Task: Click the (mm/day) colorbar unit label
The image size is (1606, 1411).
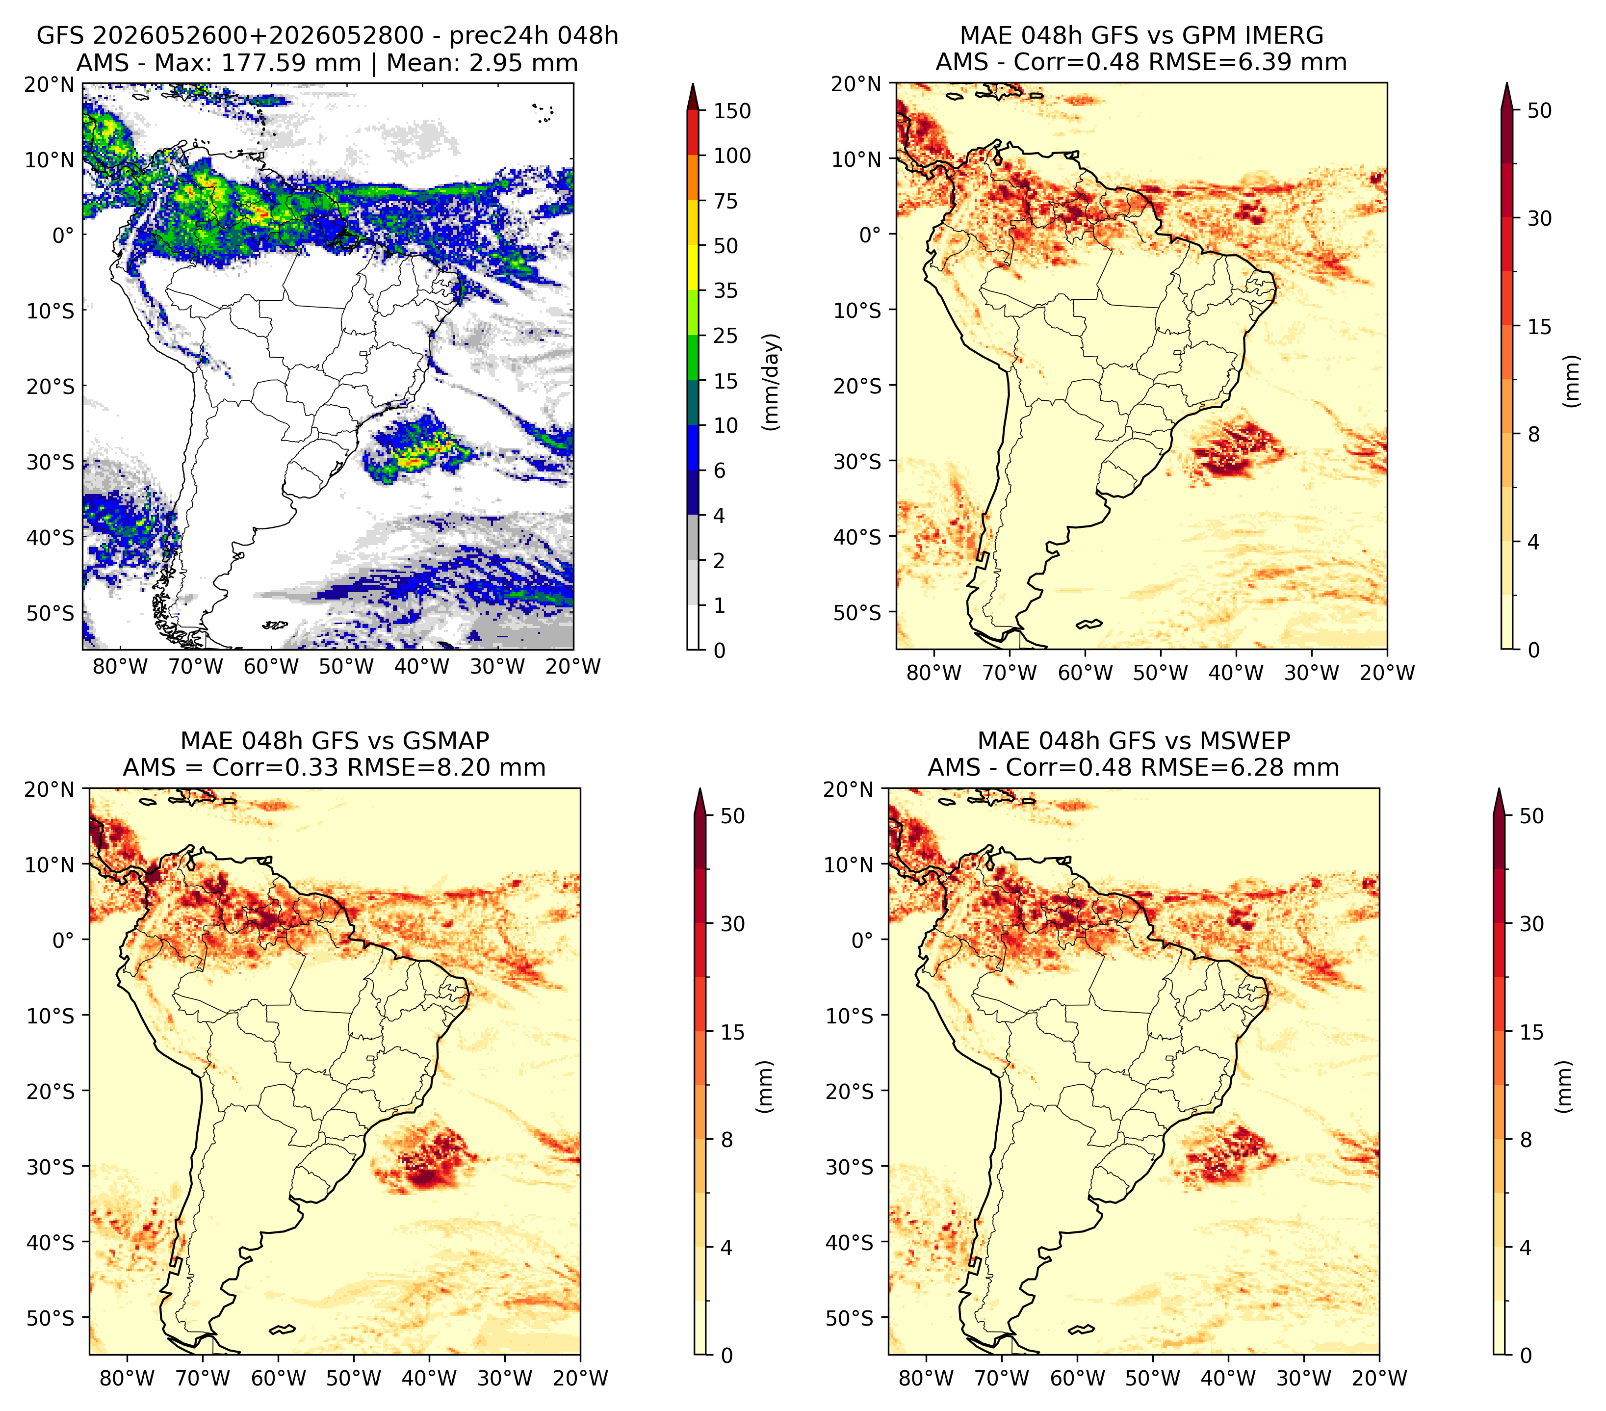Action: [x=773, y=381]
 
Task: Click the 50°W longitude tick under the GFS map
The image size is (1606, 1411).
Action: [x=346, y=667]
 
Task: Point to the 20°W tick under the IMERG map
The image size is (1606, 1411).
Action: [x=1387, y=673]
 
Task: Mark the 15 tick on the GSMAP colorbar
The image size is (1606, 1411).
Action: [x=732, y=1032]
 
